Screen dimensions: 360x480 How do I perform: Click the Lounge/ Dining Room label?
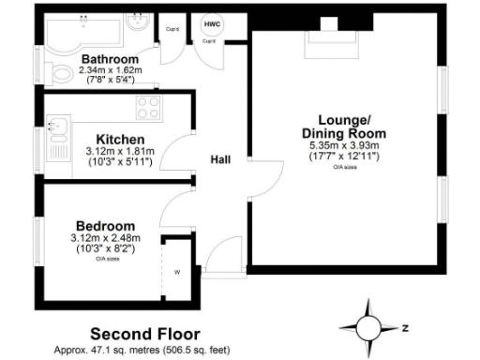(343, 127)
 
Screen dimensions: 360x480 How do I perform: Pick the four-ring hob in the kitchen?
(148, 105)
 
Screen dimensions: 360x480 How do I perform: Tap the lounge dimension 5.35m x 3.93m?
(343, 145)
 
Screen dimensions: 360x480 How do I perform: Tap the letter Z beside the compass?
(403, 329)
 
